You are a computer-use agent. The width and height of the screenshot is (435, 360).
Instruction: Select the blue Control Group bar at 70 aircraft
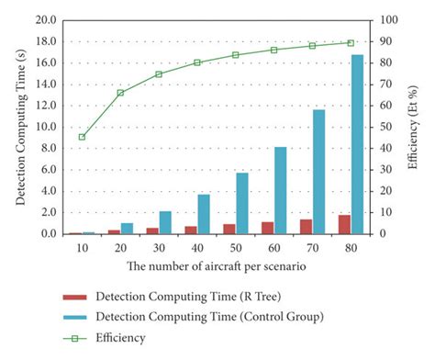click(318, 172)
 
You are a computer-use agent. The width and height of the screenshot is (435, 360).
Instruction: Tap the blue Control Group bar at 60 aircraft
click(280, 190)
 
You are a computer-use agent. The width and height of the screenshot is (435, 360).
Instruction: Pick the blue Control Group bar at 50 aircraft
click(242, 203)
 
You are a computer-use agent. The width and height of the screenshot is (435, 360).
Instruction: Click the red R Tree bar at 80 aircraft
click(344, 224)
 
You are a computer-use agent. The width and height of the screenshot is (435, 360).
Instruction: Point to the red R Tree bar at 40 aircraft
click(190, 230)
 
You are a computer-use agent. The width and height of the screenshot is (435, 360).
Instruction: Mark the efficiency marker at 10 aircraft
click(83, 137)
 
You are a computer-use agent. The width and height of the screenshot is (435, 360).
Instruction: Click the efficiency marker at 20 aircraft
click(120, 93)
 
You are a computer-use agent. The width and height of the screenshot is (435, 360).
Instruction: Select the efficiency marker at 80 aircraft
click(351, 42)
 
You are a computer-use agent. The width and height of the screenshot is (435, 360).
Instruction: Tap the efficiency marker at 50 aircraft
click(236, 55)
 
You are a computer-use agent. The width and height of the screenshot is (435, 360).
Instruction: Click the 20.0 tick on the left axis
click(45, 19)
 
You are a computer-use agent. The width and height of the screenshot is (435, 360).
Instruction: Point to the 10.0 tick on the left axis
click(45, 127)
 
